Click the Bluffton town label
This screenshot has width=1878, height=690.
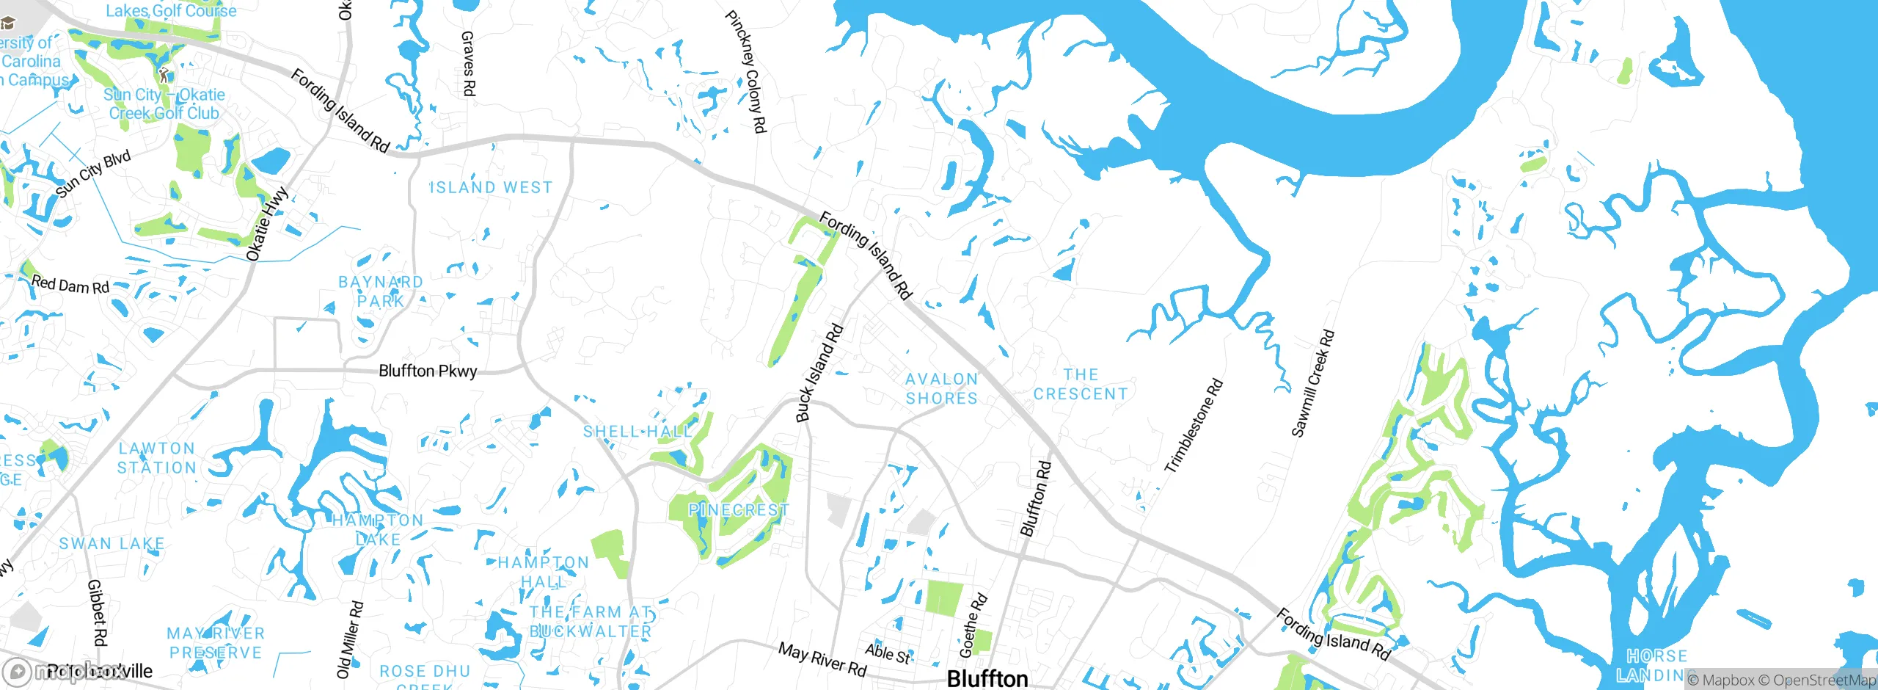pos(987,678)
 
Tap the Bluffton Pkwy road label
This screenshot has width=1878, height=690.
pos(428,371)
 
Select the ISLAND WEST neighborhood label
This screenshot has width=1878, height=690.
pos(491,188)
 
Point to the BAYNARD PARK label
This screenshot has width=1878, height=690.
pos(380,291)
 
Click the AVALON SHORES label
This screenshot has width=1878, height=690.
pos(941,389)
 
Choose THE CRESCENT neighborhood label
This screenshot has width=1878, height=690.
pos(1081,385)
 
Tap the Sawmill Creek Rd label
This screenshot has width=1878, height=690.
pos(1313,384)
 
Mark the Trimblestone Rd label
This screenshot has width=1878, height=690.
pos(1194,425)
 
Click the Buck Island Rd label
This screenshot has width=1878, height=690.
pos(820,373)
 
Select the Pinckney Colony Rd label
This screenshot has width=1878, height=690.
pos(746,71)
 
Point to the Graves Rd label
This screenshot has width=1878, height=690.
pos(468,63)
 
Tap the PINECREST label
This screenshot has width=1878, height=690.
pos(738,509)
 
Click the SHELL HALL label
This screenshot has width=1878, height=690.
pos(637,432)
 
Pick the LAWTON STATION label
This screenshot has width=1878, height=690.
pos(157,458)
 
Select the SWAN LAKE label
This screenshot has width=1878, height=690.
pos(112,544)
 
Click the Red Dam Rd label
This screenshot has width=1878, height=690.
pos(70,285)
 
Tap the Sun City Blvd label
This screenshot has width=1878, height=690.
pos(93,174)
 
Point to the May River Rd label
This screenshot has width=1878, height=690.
pos(822,659)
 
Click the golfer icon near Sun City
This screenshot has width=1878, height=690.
pos(164,75)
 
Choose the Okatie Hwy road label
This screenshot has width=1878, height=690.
pos(267,225)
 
